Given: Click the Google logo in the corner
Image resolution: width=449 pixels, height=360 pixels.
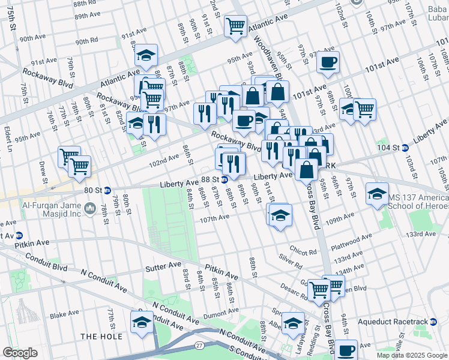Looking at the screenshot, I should pos(20,353).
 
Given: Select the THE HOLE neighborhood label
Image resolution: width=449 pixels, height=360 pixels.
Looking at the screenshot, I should pos(101,337).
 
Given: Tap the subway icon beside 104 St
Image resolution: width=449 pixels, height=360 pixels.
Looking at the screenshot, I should pos(405,148).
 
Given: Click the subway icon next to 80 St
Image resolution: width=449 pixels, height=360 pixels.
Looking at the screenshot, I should pos(107,191).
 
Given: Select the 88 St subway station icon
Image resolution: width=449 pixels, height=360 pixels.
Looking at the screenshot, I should pos(224,179).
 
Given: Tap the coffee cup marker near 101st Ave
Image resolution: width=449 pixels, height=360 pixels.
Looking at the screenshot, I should pos(328,62).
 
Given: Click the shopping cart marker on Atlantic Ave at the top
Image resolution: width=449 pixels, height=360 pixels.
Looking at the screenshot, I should pos(235,26).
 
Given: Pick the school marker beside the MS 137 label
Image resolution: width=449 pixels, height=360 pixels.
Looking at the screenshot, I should pos(377,194).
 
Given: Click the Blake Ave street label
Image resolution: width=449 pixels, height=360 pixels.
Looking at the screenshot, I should pos(64,314).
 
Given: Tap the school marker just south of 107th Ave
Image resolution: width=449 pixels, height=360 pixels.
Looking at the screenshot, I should pos(280,215).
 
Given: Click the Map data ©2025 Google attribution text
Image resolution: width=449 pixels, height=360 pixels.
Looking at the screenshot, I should pos(411,355).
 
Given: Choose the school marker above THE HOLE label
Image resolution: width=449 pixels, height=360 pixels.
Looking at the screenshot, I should pos(142,322).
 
